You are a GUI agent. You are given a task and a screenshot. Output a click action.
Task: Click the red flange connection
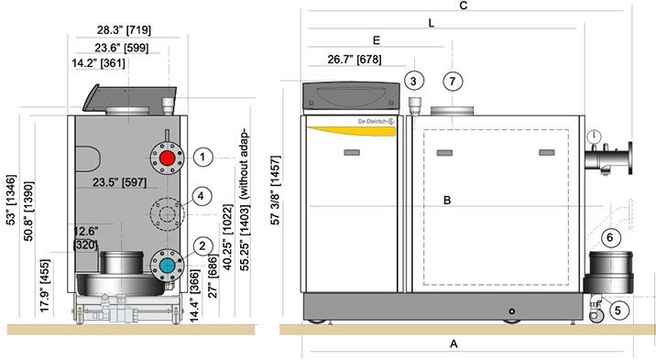[x=168, y=158]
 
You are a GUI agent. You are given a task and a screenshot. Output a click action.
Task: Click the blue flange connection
[x=168, y=265]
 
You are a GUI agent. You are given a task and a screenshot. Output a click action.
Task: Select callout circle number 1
[x=202, y=158]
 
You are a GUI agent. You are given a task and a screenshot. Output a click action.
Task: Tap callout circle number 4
[x=202, y=196]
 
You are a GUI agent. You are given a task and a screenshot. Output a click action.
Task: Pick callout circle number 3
[x=414, y=81]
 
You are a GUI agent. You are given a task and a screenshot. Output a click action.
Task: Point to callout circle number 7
[x=453, y=82]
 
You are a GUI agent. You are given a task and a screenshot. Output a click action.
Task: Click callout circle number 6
[x=610, y=237]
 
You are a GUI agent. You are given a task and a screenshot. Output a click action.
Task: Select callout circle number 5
[x=618, y=311]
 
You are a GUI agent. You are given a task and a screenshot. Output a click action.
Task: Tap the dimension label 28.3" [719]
[x=125, y=29]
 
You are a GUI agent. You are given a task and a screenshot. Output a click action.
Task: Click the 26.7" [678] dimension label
[x=355, y=60]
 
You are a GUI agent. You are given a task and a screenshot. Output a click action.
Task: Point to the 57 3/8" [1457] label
[x=275, y=191]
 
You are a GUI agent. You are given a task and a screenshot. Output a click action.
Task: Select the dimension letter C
[x=463, y=5]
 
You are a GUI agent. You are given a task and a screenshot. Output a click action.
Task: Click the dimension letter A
[x=454, y=344]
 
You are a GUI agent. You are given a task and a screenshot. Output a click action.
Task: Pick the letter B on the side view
[x=447, y=201]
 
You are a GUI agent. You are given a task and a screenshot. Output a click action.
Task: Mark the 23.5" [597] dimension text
[x=120, y=182]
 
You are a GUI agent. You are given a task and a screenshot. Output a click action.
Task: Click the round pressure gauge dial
[x=594, y=136]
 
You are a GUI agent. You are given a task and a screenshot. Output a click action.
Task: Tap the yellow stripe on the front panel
[x=352, y=131]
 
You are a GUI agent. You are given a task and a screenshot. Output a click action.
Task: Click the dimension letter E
[x=377, y=40]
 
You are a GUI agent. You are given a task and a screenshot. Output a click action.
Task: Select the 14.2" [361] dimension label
[x=98, y=63]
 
